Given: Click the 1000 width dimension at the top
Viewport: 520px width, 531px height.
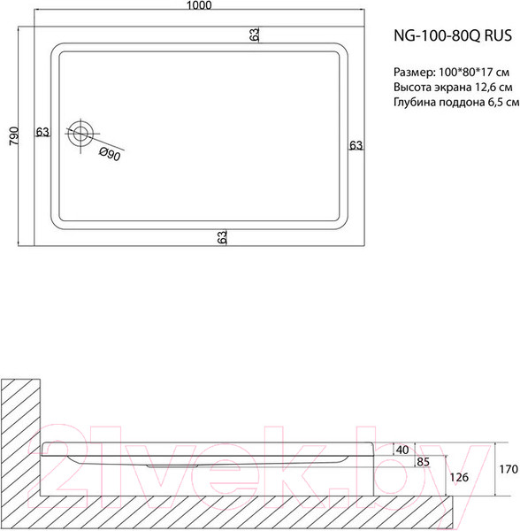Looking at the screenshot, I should (x=199, y=7).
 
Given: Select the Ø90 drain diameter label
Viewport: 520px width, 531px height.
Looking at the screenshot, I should (x=110, y=155).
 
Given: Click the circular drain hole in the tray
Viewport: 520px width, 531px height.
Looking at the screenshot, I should (x=81, y=134).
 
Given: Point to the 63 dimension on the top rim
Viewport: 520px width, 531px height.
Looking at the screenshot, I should (x=255, y=35).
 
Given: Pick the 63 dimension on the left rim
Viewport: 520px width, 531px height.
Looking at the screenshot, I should (x=42, y=133).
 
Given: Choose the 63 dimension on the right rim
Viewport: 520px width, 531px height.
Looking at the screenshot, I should (x=355, y=146).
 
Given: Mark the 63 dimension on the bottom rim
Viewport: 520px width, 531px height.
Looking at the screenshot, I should (x=222, y=236).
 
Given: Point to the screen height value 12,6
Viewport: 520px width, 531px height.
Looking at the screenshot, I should (x=486, y=88).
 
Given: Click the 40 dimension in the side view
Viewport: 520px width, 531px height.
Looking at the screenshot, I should (x=402, y=450).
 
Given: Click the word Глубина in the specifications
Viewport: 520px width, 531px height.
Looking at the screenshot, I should (x=415, y=104).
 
